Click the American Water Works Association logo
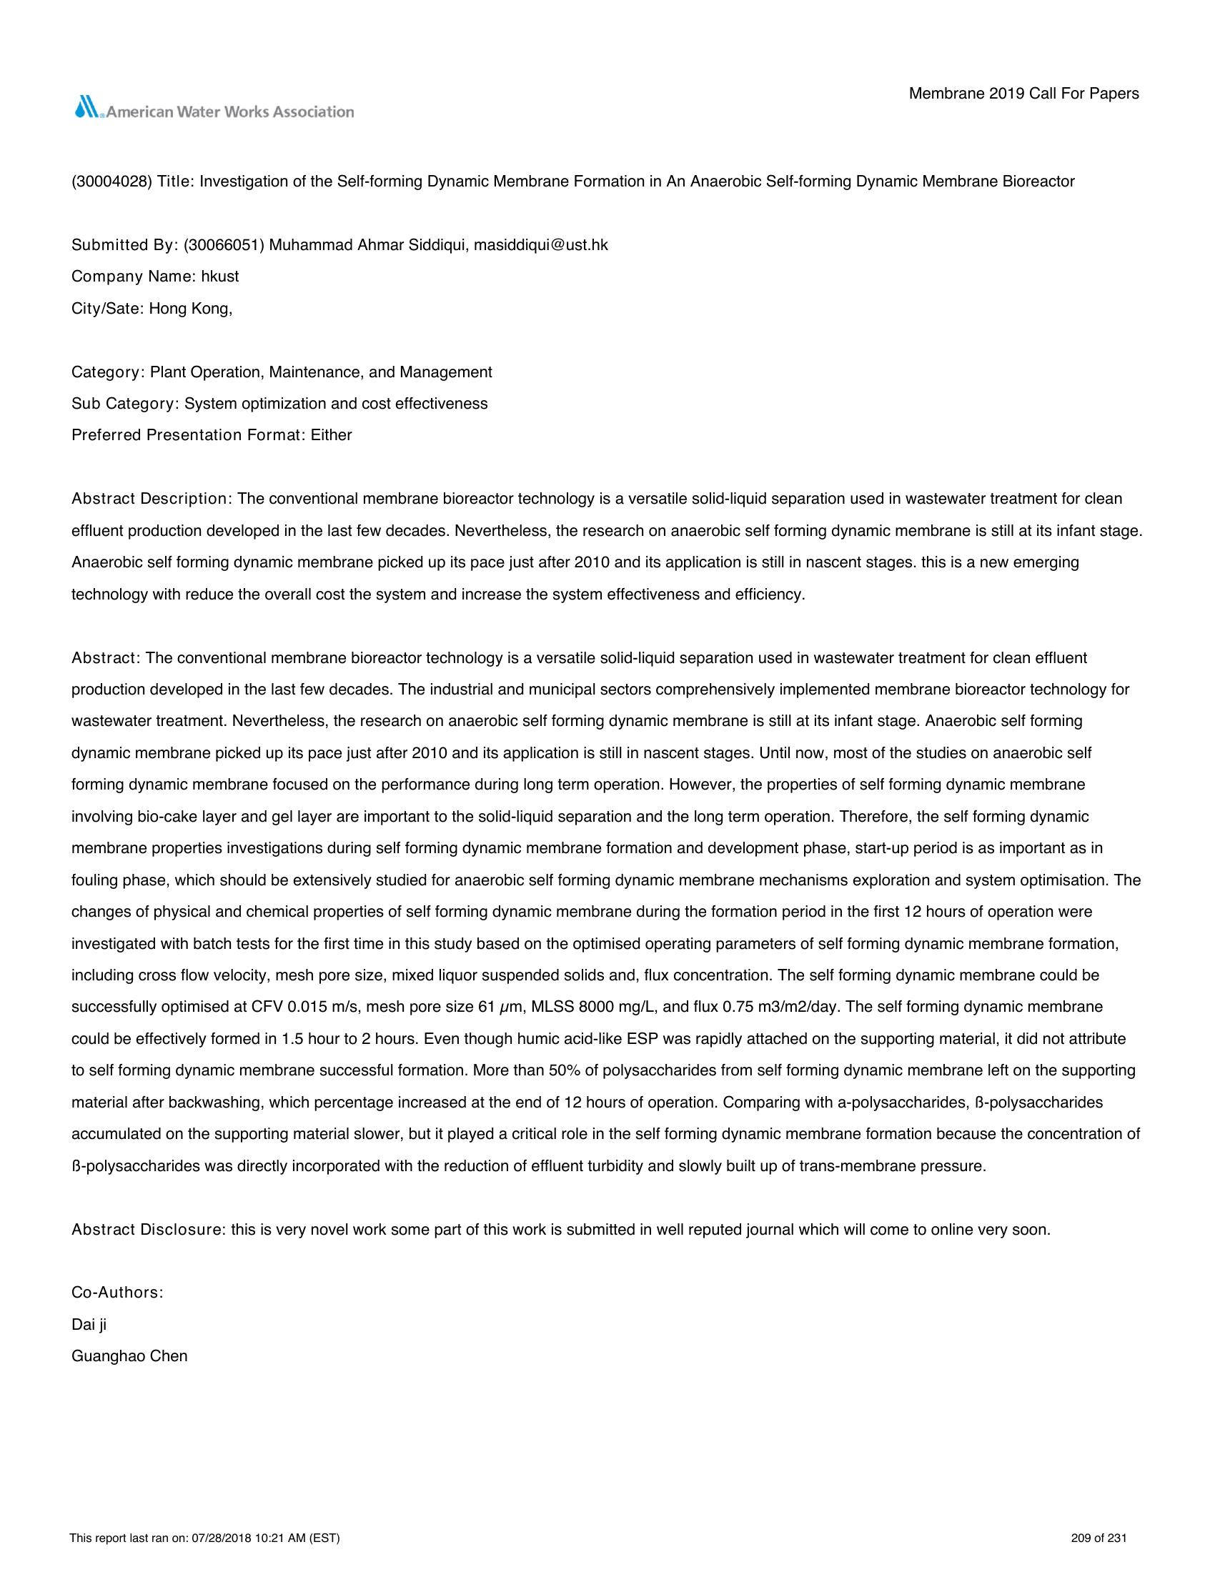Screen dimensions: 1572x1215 click(213, 109)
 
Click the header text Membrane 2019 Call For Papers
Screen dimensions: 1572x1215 click(1023, 94)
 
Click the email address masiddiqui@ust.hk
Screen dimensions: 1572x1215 click(540, 245)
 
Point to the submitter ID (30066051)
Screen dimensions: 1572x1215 click(224, 245)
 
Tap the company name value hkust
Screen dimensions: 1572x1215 click(220, 277)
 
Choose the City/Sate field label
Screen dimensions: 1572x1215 click(107, 309)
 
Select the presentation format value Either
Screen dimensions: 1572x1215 click(331, 435)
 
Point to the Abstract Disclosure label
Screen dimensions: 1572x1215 click(149, 1230)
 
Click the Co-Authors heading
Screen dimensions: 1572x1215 click(117, 1293)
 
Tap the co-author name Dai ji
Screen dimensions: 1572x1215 click(89, 1324)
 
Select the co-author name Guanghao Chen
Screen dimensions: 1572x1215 click(129, 1356)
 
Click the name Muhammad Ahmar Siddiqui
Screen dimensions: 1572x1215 click(369, 245)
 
